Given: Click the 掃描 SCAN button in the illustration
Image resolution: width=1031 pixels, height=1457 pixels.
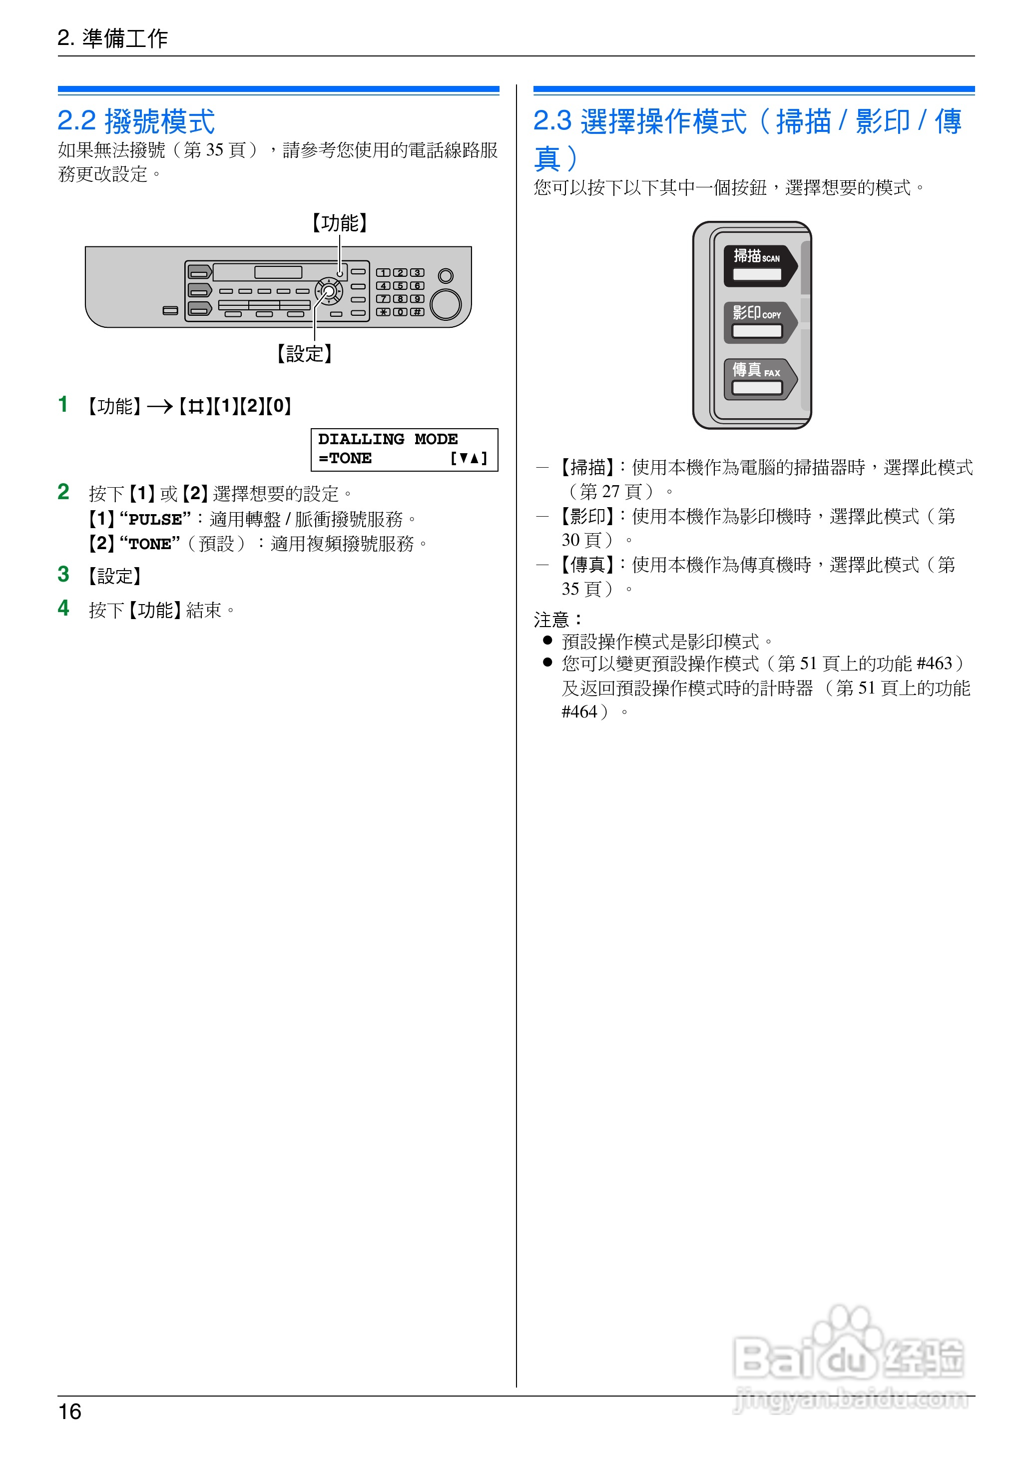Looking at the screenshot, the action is [x=758, y=265].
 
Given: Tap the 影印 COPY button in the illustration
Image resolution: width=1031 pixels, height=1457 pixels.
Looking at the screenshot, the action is [x=758, y=322].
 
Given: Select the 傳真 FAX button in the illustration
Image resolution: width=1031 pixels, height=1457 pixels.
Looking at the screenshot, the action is [x=758, y=379].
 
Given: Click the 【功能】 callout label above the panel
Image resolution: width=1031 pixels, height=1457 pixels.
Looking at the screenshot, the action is [x=340, y=223].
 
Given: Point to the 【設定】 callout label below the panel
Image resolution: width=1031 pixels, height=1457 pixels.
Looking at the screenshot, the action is [x=304, y=354].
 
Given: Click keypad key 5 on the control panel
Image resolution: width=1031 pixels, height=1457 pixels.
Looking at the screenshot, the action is [x=401, y=286].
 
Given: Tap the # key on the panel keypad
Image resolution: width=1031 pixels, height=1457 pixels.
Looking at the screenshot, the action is [x=417, y=312].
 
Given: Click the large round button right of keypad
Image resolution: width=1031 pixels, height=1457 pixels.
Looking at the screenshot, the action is [x=446, y=305].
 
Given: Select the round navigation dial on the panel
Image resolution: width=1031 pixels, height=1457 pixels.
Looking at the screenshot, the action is [x=329, y=292].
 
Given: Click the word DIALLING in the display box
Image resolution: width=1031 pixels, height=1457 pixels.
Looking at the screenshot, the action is [x=361, y=439].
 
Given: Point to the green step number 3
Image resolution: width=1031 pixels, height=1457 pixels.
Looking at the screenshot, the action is [x=63, y=574].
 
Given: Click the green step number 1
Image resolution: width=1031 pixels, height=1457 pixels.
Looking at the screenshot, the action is [x=63, y=404].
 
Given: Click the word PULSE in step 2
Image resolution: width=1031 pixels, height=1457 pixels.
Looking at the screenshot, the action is [x=155, y=519].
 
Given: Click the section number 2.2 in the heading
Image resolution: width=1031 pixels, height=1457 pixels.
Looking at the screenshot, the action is [x=76, y=120].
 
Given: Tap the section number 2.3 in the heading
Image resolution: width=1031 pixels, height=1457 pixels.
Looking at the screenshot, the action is [x=552, y=120].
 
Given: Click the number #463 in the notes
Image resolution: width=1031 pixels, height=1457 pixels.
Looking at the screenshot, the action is [x=935, y=664].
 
